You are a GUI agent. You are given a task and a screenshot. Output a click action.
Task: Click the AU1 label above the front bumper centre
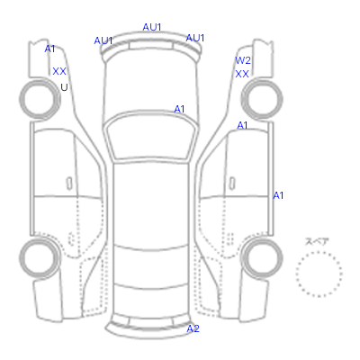[x=152, y=27]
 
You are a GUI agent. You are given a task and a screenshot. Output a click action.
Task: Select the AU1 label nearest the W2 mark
[x=195, y=38]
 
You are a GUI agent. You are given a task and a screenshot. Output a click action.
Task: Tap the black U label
[x=64, y=87]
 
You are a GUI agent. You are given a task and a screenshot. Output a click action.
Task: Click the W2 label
[x=243, y=60]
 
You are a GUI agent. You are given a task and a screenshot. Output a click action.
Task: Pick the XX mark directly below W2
[x=242, y=74]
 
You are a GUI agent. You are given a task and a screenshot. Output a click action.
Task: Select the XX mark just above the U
[x=59, y=71]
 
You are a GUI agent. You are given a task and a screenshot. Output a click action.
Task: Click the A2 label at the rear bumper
[x=193, y=328]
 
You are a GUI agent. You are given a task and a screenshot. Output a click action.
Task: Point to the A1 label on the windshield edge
[x=179, y=109]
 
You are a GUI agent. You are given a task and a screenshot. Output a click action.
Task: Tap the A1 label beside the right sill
[x=278, y=195]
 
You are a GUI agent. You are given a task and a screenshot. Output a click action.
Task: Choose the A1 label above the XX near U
[x=49, y=49]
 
